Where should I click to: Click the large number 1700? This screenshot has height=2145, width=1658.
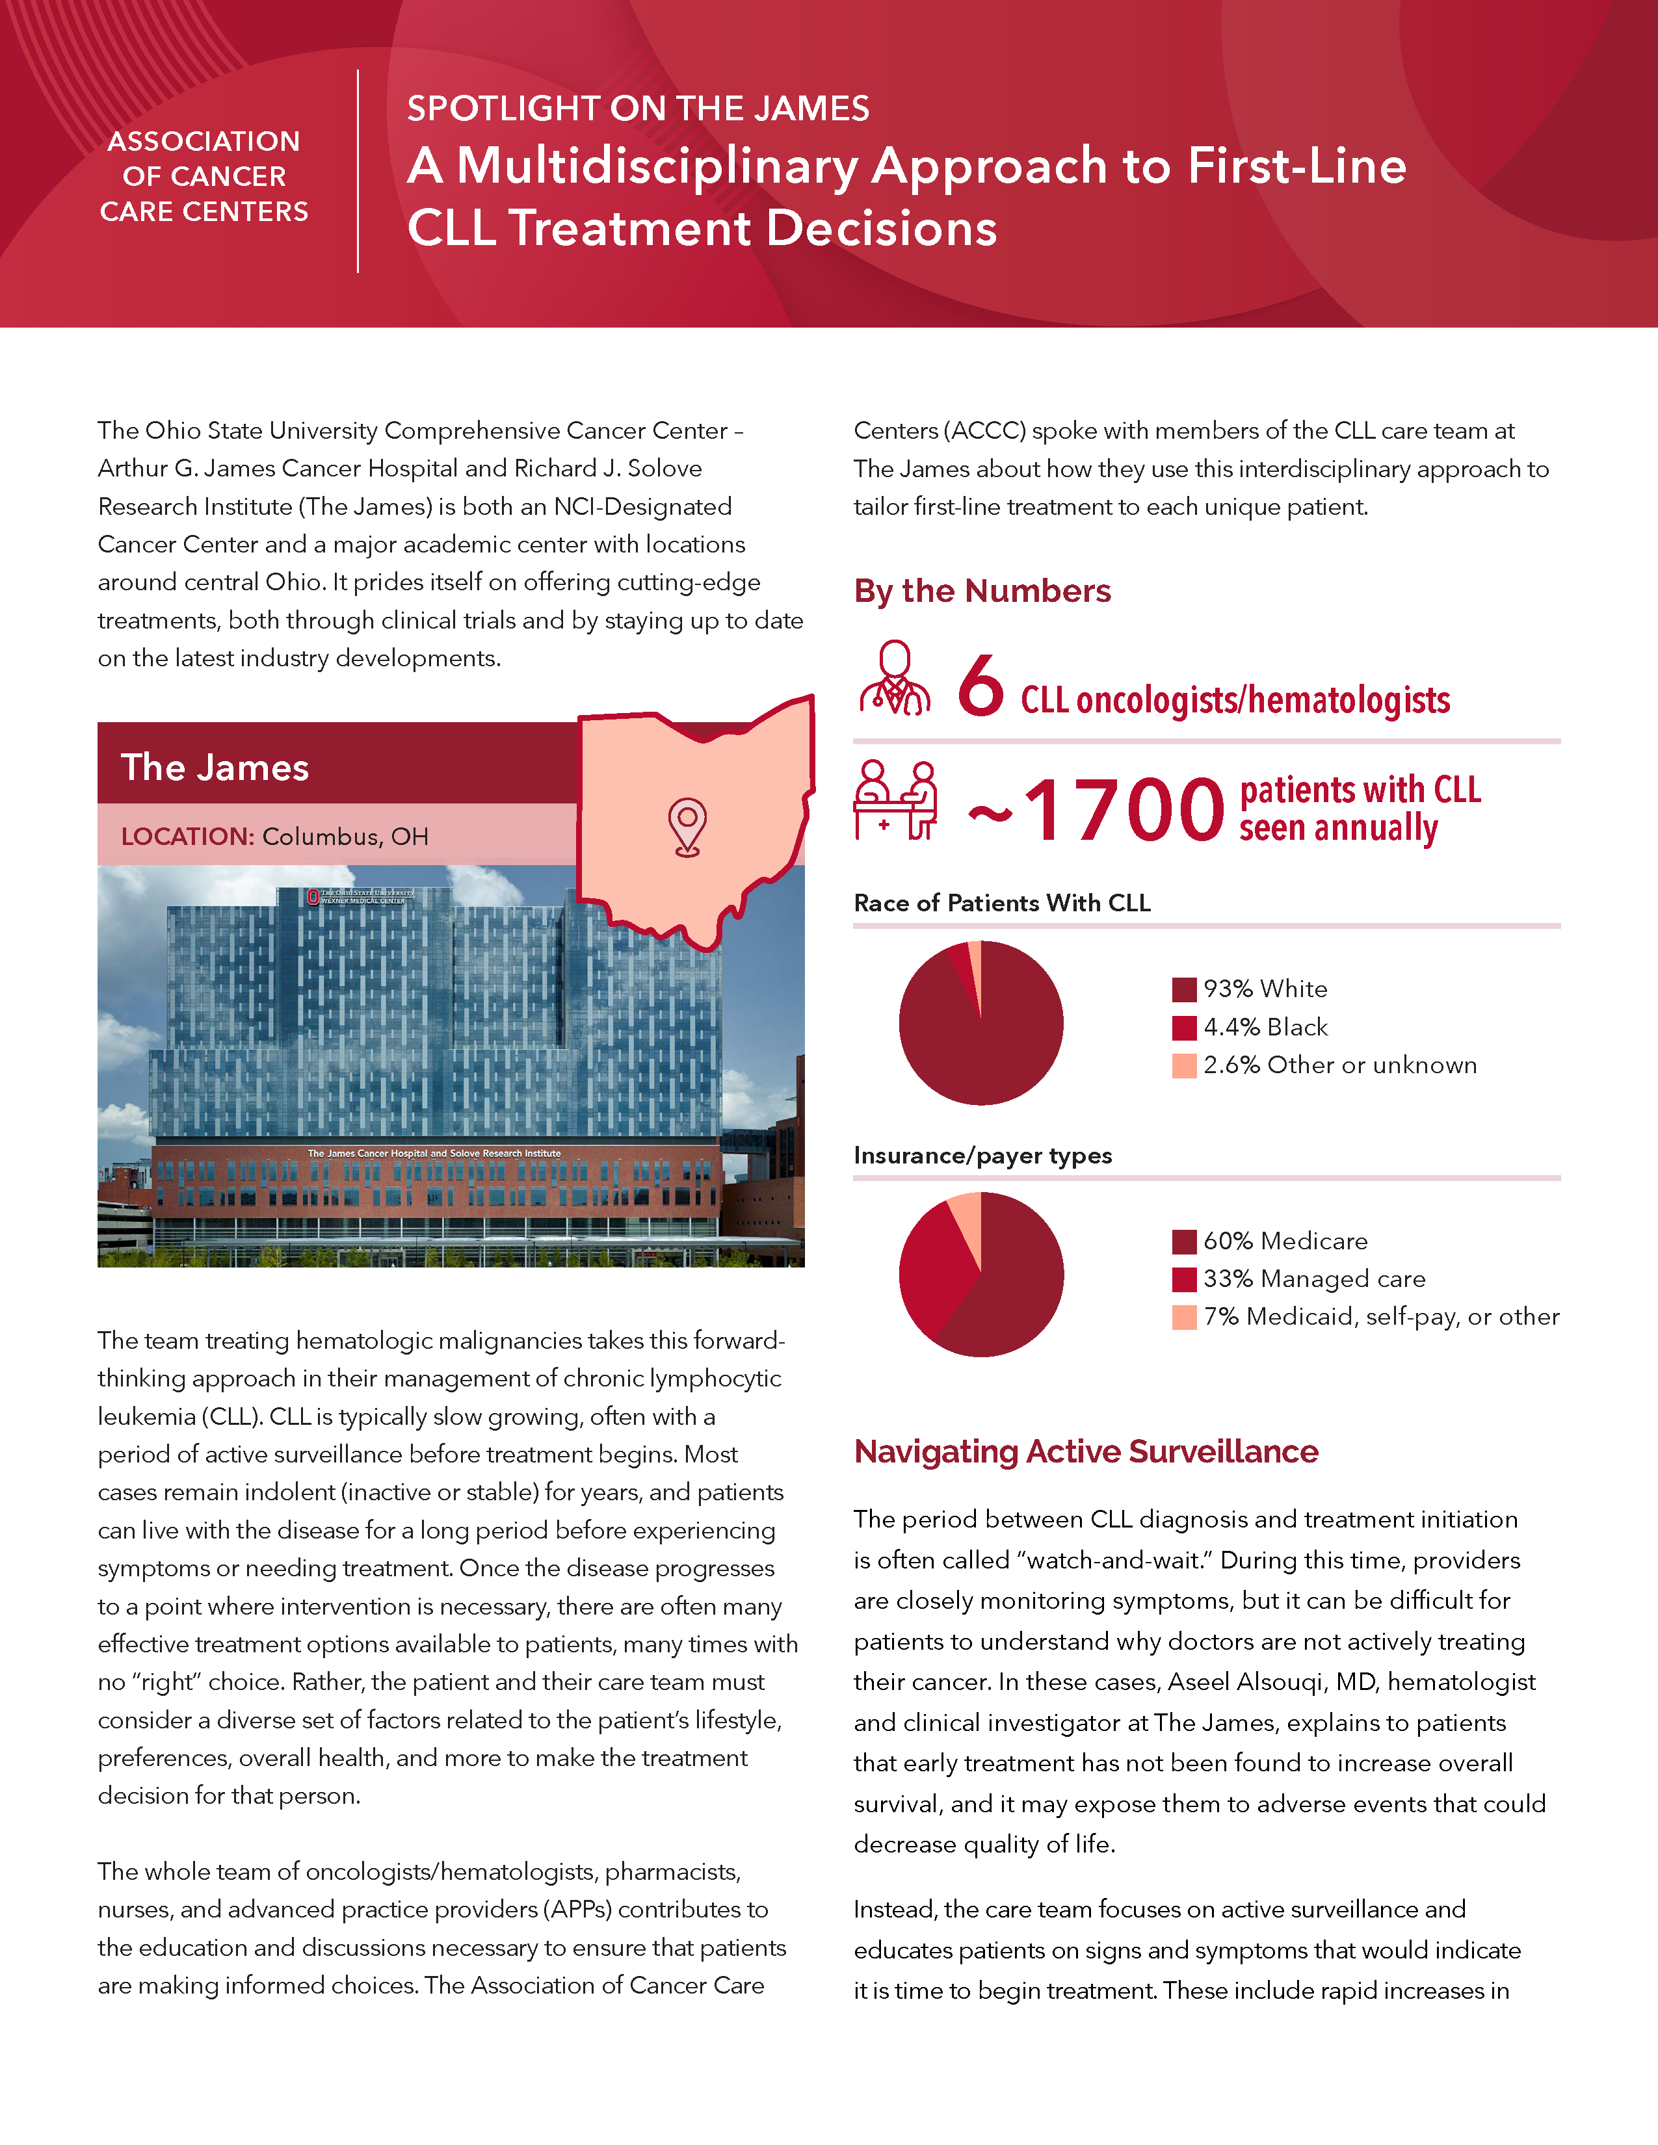click(1124, 811)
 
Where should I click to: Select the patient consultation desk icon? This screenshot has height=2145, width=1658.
click(895, 799)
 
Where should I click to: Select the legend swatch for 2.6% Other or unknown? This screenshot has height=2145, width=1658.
click(1183, 1065)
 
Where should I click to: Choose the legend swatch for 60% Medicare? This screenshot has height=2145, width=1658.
click(1183, 1241)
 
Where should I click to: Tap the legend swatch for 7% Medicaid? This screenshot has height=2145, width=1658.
click(1183, 1317)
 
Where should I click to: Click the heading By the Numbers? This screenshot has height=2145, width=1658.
click(982, 591)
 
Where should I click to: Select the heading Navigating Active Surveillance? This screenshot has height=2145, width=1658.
click(1085, 1451)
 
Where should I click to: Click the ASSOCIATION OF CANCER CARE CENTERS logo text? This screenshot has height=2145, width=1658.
click(204, 177)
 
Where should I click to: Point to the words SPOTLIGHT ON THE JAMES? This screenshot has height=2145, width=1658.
click(638, 108)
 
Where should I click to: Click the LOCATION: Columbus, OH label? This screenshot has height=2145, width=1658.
click(275, 837)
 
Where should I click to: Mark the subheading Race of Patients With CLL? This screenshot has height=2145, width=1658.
click(1002, 903)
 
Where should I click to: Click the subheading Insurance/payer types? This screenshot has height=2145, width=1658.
click(982, 1156)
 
